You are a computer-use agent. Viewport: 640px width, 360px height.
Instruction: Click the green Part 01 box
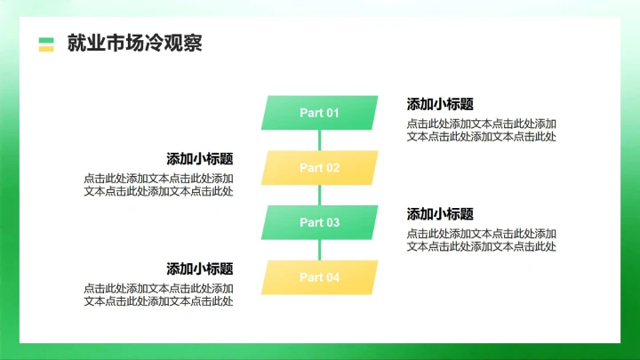click(319, 113)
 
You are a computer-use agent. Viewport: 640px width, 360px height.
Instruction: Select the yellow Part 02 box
click(319, 168)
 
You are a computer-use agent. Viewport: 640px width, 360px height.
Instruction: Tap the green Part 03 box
click(319, 222)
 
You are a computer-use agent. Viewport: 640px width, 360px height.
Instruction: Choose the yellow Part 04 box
click(319, 277)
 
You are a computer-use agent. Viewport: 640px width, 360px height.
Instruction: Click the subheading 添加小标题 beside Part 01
click(440, 104)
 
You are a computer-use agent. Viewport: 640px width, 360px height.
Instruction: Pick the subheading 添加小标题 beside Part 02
click(200, 159)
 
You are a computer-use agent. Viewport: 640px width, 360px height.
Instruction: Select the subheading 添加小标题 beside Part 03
click(440, 214)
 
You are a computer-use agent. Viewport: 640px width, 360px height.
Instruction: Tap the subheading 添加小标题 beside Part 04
click(200, 268)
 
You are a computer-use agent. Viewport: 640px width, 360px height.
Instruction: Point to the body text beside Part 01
click(482, 130)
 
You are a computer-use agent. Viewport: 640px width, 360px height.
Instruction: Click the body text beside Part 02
click(158, 185)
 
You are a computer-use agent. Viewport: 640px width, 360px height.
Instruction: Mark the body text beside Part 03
click(482, 240)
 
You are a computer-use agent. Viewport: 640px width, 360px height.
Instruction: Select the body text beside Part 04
click(158, 295)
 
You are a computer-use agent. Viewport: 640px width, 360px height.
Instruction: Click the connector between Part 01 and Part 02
click(319, 140)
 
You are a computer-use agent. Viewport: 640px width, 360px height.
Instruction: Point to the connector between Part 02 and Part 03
click(319, 196)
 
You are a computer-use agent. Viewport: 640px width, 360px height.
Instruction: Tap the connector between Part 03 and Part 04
click(319, 250)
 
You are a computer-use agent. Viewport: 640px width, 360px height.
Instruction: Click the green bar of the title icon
click(46, 39)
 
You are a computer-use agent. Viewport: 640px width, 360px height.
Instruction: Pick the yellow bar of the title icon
click(46, 48)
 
